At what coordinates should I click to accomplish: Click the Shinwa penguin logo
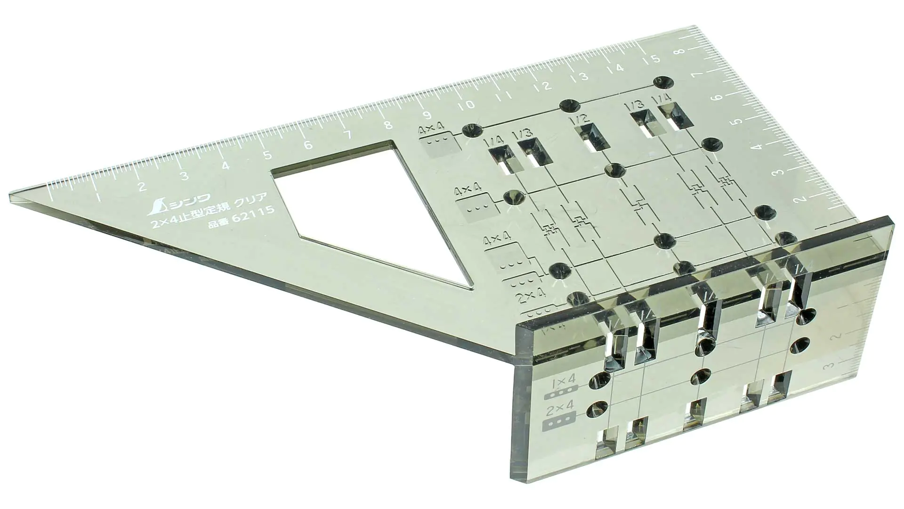[x=158, y=205]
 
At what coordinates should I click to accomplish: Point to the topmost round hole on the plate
[x=662, y=81]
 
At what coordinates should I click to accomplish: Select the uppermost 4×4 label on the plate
[x=432, y=130]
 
